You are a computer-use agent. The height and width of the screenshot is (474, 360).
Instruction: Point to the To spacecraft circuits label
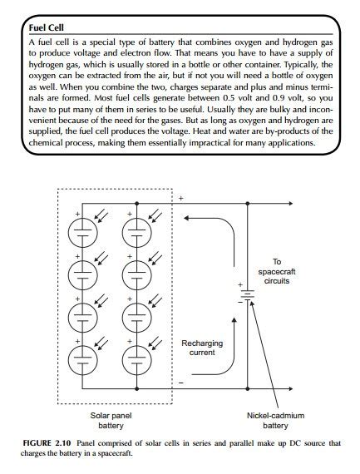pos(277,272)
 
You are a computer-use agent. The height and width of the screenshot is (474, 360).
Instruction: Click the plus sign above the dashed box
pos(182,199)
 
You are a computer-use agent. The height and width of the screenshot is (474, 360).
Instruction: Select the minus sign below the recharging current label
pos(181,382)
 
